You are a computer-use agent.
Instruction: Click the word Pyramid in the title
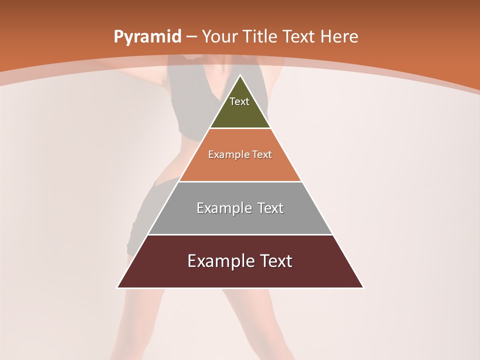[147, 37]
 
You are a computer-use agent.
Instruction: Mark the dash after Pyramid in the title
[191, 37]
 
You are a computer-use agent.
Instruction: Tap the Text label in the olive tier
[239, 101]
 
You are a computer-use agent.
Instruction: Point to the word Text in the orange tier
[262, 154]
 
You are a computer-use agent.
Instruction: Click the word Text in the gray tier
[268, 208]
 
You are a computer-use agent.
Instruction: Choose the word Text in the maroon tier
[274, 261]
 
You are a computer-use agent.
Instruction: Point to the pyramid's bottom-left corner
[117, 287]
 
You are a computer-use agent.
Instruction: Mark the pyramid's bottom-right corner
[363, 287]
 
